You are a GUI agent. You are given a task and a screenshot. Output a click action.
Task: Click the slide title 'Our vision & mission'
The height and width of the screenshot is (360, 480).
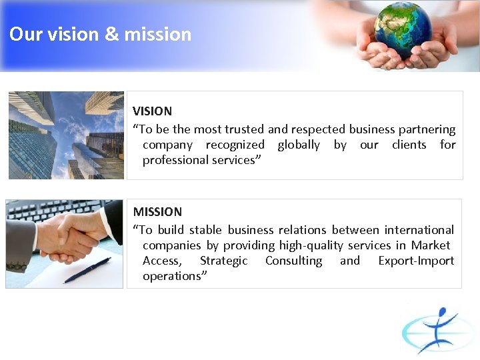tap(100, 35)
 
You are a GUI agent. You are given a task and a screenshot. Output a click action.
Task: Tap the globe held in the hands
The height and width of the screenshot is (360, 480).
tap(402, 29)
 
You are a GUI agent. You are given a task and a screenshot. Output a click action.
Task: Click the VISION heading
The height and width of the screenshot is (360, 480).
tap(152, 111)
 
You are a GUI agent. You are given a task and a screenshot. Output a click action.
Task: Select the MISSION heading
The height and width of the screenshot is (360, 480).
tap(157, 212)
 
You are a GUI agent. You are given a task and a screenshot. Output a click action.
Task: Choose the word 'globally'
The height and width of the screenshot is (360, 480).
tap(299, 145)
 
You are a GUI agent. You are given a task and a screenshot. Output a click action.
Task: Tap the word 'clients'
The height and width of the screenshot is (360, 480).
tap(409, 145)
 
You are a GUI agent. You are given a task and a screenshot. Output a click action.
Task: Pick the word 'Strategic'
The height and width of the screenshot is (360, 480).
tap(223, 261)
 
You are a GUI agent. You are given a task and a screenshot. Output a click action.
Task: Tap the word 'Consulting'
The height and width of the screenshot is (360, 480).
tap(293, 261)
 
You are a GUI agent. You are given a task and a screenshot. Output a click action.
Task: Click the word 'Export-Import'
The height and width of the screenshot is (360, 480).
tap(416, 261)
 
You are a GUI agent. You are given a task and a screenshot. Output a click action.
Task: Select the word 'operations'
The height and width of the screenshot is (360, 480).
tap(172, 276)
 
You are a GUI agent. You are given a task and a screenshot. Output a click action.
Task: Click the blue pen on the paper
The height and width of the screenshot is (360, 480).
tap(87, 271)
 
